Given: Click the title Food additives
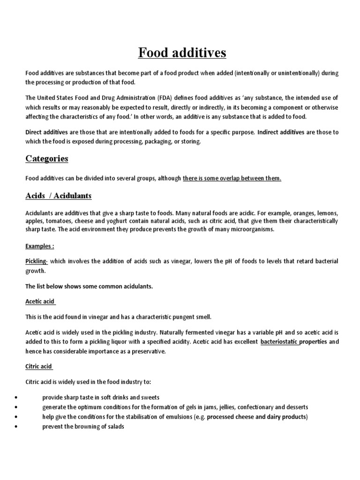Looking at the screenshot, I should click(x=182, y=53).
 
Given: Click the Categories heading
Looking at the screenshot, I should click(x=47, y=158).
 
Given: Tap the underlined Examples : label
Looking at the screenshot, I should click(x=40, y=246).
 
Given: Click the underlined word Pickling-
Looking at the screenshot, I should click(x=37, y=261).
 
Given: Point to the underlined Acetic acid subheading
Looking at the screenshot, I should click(x=41, y=301).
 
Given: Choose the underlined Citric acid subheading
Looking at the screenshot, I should click(x=39, y=366).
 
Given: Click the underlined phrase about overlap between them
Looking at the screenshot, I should click(x=232, y=179).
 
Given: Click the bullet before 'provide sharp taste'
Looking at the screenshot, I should click(x=16, y=397).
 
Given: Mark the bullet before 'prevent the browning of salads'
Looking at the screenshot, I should click(x=16, y=427).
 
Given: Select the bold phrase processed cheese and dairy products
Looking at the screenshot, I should click(x=256, y=417).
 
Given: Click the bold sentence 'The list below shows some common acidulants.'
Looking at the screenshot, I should click(x=89, y=286).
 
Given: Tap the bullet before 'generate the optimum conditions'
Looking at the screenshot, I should click(x=16, y=407).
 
